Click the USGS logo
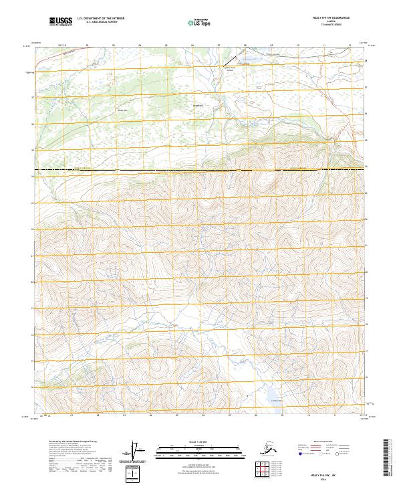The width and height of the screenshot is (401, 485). [x=60, y=22]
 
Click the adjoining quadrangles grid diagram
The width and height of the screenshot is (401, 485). [x=262, y=468]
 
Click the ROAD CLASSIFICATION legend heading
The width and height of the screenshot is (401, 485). [x=323, y=442]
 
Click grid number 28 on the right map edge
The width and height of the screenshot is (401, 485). [x=366, y=62]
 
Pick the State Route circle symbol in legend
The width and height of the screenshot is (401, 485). [x=338, y=454]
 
